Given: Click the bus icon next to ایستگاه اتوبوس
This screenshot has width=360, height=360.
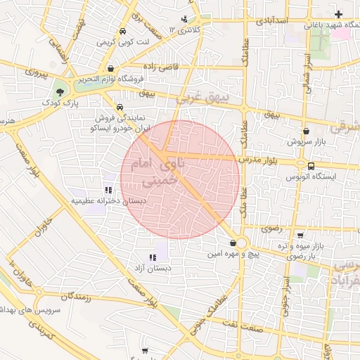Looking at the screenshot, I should tap(311, 165).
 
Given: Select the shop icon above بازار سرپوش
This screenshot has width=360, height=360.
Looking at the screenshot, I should tap(305, 131).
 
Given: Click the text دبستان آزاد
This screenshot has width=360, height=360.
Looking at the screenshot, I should tap(153, 269).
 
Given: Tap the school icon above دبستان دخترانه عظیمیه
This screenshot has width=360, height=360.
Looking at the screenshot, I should tap(108, 189).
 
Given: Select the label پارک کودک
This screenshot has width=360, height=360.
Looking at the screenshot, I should tap(60, 104).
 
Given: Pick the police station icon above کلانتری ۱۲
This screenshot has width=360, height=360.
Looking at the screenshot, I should tap(184, 19).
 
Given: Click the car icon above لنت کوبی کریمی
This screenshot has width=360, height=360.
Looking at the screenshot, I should tap(122, 32).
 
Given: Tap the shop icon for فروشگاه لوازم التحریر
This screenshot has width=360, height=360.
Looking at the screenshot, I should tap(112, 68).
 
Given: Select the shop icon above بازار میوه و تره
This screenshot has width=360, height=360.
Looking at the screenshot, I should tap(301, 236).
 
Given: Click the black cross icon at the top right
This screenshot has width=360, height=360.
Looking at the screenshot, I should tap(339, 14).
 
